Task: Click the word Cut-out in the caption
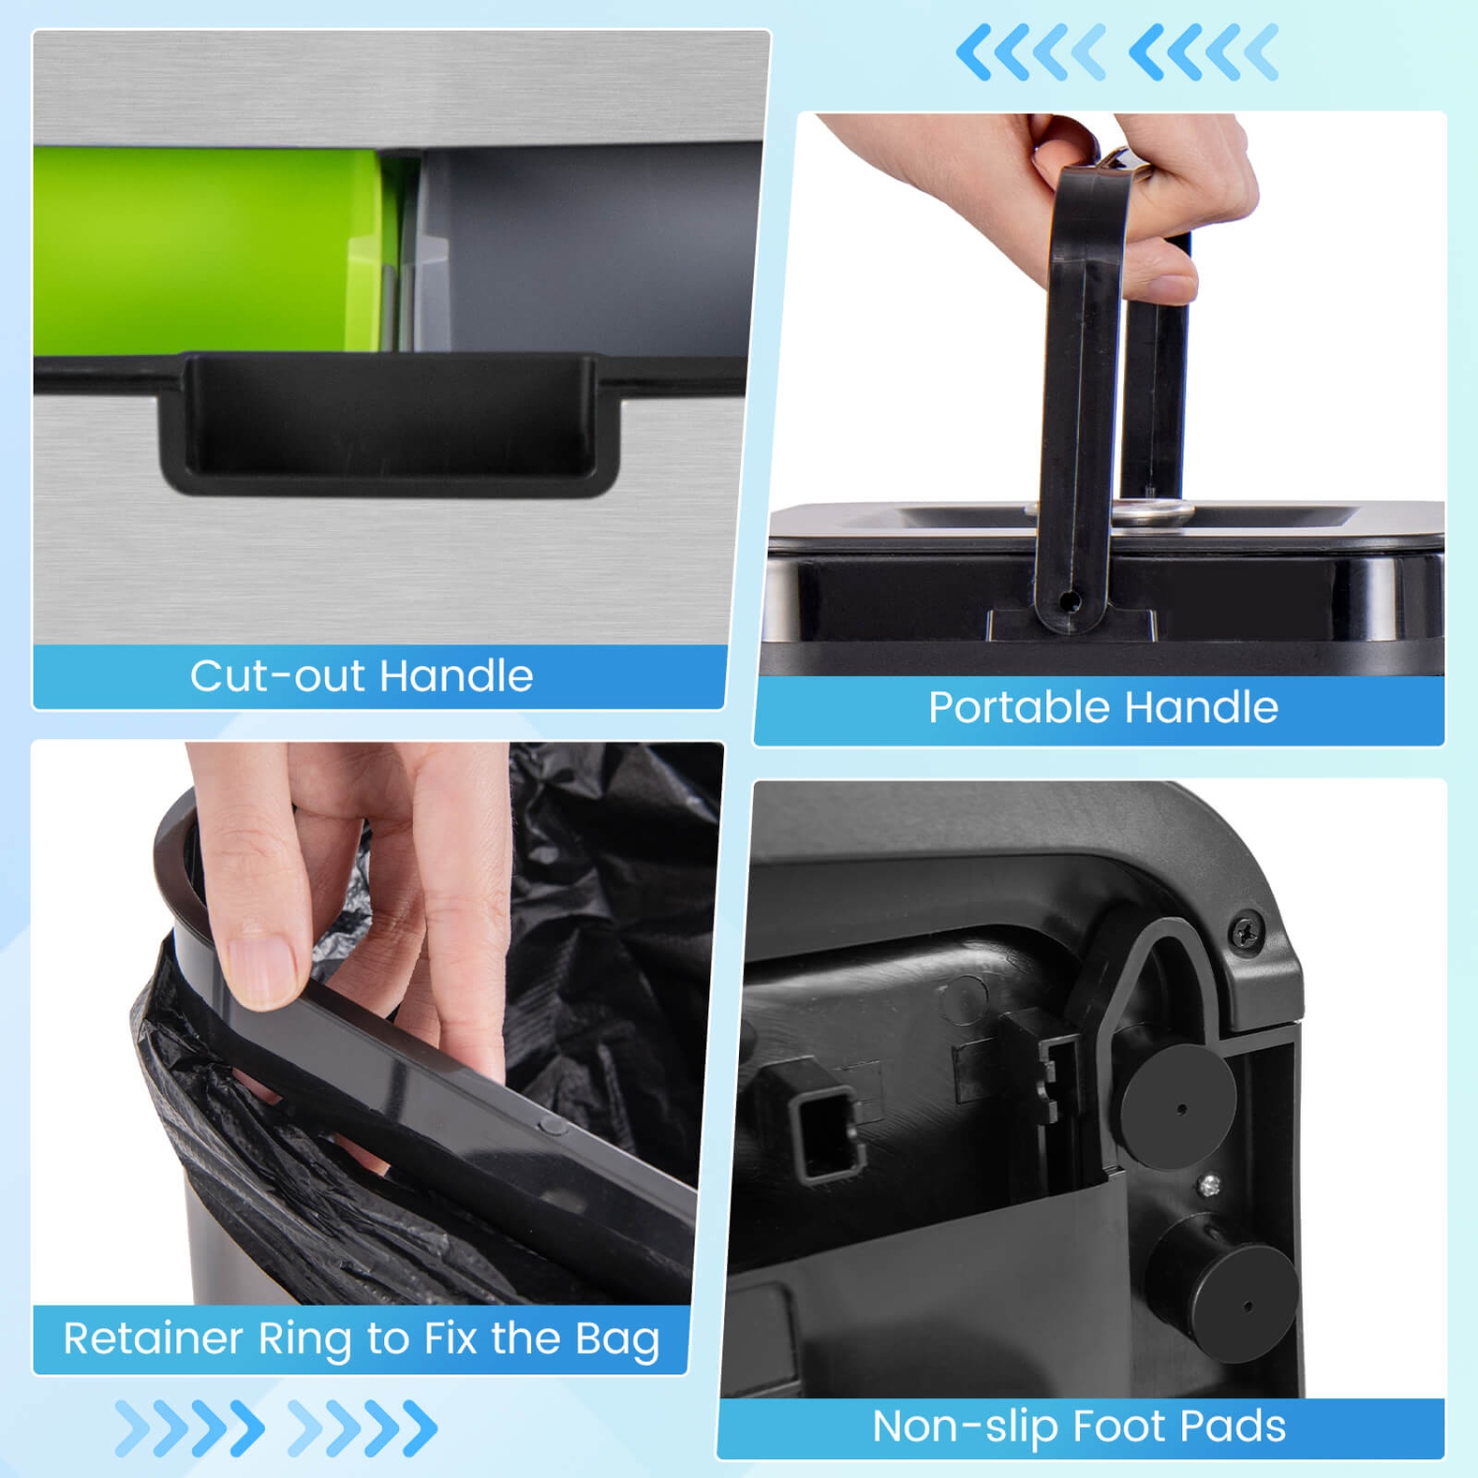point(279,676)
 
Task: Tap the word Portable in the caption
point(1020,707)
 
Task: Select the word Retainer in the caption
point(153,1338)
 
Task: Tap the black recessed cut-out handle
point(389,425)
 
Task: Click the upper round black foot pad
point(1178,1107)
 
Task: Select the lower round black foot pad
point(1232,1299)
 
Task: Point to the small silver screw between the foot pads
point(1211,1185)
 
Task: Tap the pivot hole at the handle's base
point(1071,600)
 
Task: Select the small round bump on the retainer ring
point(554,1125)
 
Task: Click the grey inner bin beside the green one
point(591,248)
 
